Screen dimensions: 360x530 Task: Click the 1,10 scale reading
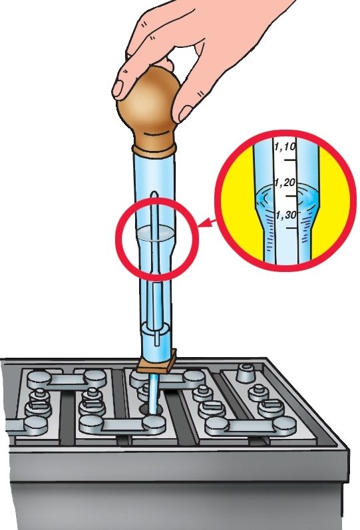point(285,147)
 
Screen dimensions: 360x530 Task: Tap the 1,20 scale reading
point(285,183)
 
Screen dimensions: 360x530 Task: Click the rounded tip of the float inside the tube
point(154,194)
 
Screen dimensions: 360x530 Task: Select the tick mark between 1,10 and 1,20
point(289,160)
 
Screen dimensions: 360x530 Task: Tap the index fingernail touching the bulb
point(118,88)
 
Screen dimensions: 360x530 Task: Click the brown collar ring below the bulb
point(154,150)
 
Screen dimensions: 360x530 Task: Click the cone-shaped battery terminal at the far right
point(246,373)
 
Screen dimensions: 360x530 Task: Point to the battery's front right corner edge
point(349,490)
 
